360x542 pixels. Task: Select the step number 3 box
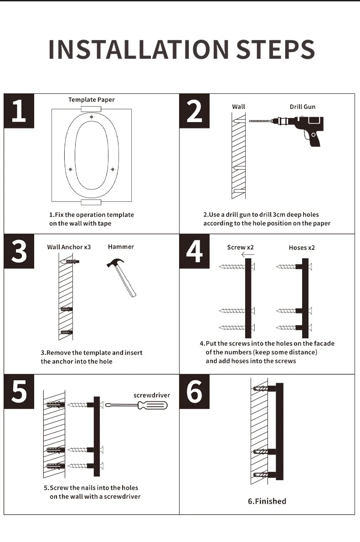(x=19, y=251)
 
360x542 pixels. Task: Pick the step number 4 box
(x=194, y=251)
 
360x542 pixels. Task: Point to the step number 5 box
(x=19, y=391)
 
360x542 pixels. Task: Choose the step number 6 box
(x=194, y=391)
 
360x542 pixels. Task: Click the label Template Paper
(x=92, y=100)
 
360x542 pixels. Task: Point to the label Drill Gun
(x=303, y=107)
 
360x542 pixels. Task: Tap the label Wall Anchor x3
(x=69, y=247)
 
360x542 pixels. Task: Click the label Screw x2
(x=240, y=247)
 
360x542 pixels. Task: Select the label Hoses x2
(x=302, y=248)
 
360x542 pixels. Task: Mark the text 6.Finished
(x=267, y=501)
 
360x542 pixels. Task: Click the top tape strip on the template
(x=91, y=109)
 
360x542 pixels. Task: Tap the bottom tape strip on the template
(x=91, y=202)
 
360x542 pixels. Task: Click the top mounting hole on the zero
(x=92, y=118)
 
